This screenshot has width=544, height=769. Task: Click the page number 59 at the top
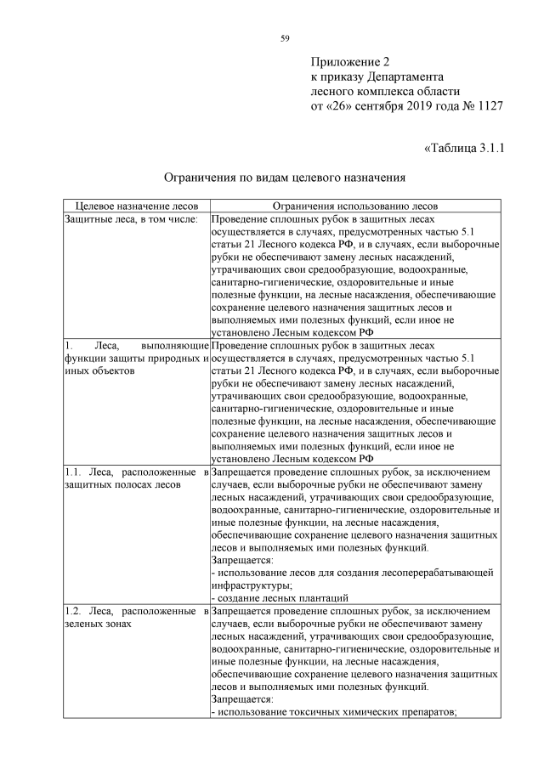[285, 37]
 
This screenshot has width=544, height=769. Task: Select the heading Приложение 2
[349, 62]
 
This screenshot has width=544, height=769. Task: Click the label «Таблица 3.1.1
[463, 150]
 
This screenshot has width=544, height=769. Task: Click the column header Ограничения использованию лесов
[354, 206]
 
